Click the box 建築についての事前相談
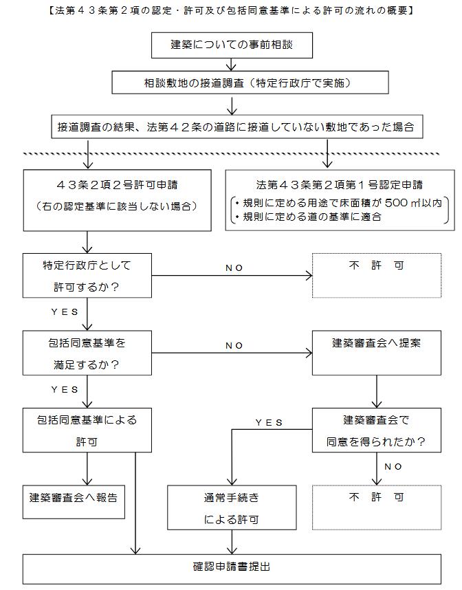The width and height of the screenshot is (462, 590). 232,45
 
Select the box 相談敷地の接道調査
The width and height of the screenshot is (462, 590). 250,83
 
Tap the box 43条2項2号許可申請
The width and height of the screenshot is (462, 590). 117,200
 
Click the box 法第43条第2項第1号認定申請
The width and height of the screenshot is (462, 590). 340,200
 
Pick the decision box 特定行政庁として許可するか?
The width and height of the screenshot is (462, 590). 87,276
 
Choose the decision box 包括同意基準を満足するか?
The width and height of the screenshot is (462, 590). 87,353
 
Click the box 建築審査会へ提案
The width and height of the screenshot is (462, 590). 377,353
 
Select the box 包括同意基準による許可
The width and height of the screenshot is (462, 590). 87,430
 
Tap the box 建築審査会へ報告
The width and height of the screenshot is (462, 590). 74,502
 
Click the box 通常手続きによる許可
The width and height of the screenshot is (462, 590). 232,507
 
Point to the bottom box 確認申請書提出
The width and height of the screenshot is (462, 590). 232,569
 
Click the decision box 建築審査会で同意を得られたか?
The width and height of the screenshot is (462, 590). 377,430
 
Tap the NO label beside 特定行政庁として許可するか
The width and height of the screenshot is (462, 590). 234,268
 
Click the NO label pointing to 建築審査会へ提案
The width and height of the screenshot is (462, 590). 234,345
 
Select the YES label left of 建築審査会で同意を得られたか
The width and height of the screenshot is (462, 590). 269,422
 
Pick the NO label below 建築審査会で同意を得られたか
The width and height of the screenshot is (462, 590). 393,467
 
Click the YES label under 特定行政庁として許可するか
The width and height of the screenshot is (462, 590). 65,312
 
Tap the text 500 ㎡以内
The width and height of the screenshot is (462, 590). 413,203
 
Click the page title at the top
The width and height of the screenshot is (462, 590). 231,10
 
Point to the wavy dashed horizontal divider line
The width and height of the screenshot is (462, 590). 232,154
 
